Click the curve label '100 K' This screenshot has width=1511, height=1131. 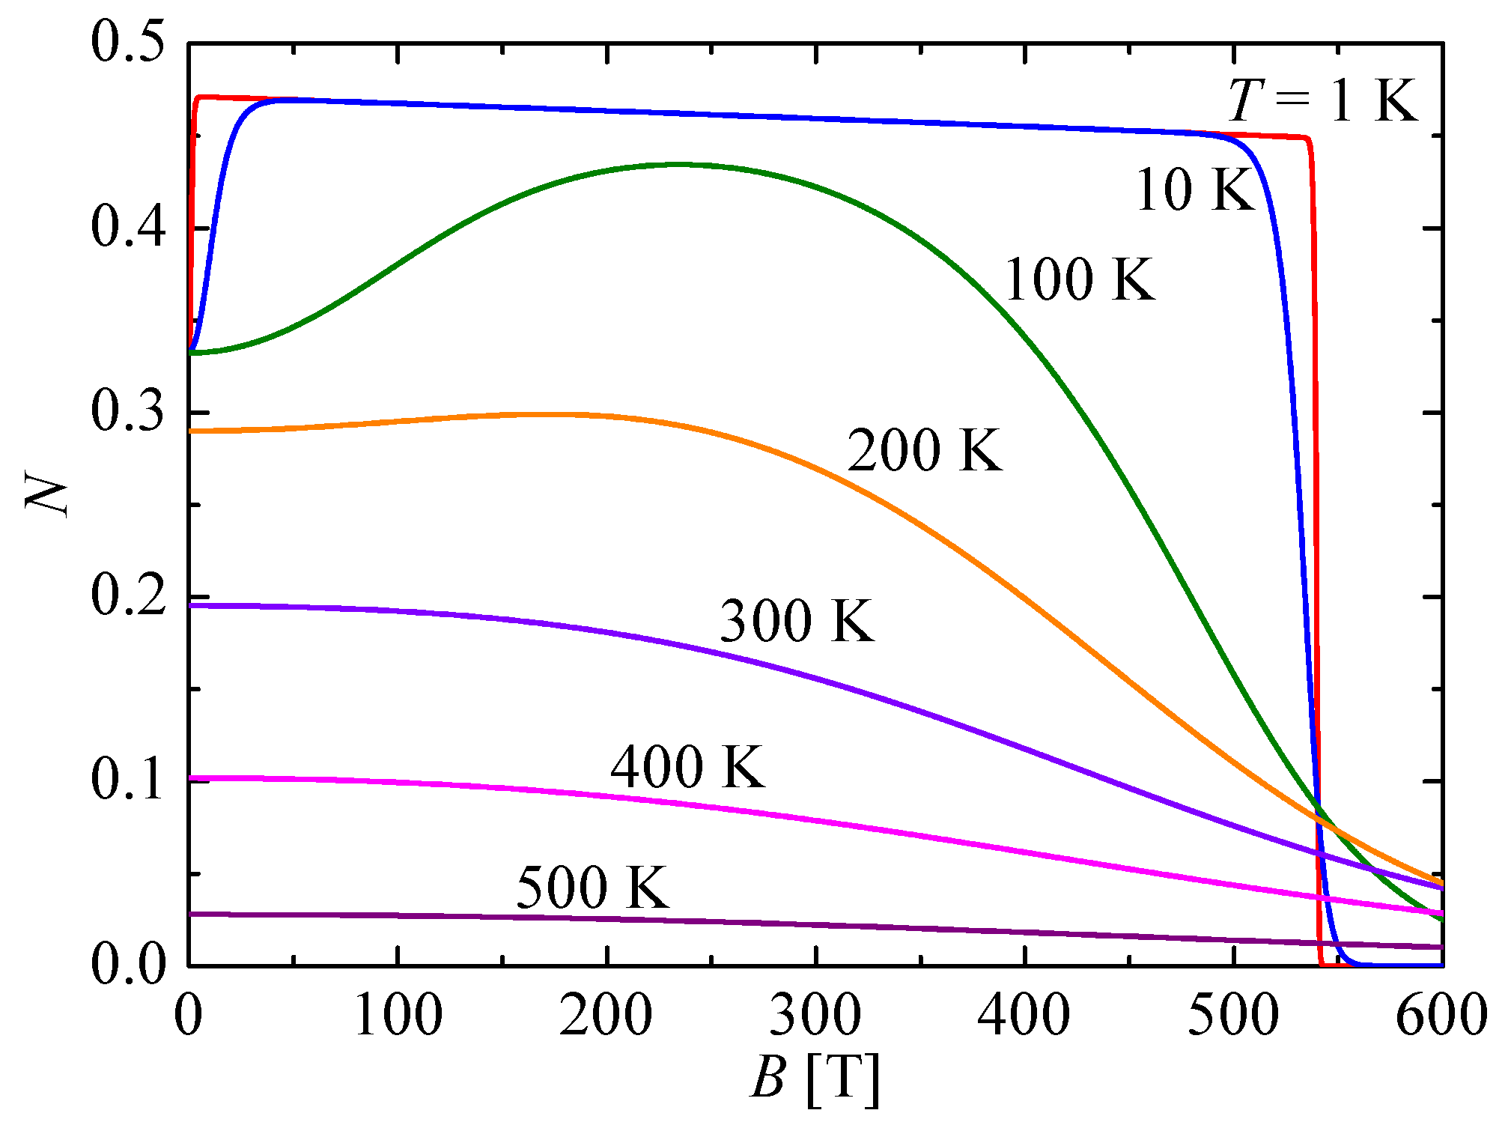[x=1079, y=279]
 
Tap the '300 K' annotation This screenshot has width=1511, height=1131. [x=796, y=620]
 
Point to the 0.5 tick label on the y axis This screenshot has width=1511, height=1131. [x=127, y=43]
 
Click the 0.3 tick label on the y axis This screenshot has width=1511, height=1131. [x=127, y=412]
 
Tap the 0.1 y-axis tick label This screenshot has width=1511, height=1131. [x=127, y=780]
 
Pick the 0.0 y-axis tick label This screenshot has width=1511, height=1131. [x=127, y=965]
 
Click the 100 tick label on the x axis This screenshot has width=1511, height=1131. [x=398, y=1016]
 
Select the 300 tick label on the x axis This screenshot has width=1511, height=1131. [x=815, y=1016]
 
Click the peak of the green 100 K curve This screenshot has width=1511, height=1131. [x=678, y=164]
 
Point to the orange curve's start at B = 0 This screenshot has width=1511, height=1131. [x=191, y=431]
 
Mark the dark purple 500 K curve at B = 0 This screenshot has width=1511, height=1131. [x=191, y=914]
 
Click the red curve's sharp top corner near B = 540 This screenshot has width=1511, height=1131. [x=1307, y=139]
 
